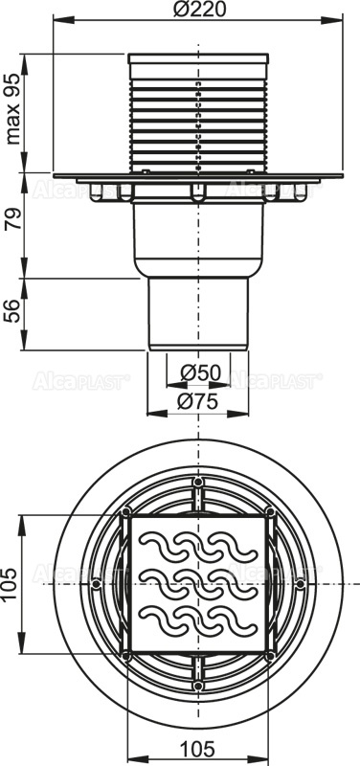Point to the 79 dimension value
pyautogui.click(x=14, y=226)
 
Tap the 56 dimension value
pyautogui.click(x=14, y=310)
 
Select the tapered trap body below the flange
pyautogui.click(x=197, y=235)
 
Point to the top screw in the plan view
pyautogui.click(x=198, y=482)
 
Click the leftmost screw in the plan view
pyautogui.click(x=97, y=581)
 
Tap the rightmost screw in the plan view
pyautogui.click(x=299, y=581)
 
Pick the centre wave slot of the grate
pyautogui.click(x=198, y=581)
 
